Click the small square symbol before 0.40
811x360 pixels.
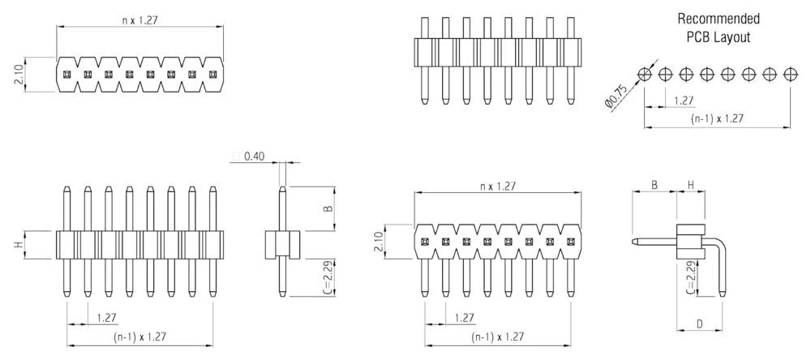point(236,156)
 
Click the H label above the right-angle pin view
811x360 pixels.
point(690,185)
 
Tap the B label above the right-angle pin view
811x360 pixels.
point(654,185)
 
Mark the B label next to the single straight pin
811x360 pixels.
point(328,208)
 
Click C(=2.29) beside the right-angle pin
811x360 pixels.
point(690,280)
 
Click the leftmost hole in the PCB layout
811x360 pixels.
point(645,75)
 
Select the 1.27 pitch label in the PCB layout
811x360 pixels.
point(684,101)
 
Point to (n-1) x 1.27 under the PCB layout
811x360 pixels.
point(718,118)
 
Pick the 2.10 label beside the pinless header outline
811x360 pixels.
point(19,75)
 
